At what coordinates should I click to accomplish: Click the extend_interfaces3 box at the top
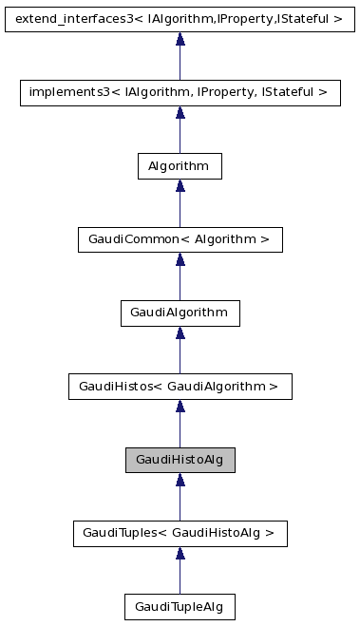click(x=180, y=18)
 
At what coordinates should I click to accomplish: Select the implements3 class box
click(x=180, y=92)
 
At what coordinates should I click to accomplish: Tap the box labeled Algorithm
click(x=180, y=165)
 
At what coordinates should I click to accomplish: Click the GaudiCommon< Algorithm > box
click(x=180, y=239)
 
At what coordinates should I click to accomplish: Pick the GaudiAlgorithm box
click(x=180, y=313)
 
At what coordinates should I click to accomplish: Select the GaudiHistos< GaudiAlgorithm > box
click(x=180, y=387)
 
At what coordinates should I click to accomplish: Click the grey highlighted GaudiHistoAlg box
click(x=180, y=460)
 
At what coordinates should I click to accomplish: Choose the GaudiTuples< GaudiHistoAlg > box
click(x=180, y=534)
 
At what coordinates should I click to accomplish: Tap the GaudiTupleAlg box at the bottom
click(x=180, y=607)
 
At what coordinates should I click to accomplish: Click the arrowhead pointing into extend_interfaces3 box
click(x=180, y=39)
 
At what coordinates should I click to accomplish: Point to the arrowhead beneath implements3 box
click(x=180, y=113)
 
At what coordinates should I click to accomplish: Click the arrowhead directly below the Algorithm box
click(x=180, y=186)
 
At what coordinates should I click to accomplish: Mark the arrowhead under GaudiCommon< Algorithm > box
click(x=180, y=260)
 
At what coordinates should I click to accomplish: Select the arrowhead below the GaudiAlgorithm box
click(x=180, y=333)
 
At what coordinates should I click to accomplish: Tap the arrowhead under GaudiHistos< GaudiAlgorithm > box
click(x=180, y=408)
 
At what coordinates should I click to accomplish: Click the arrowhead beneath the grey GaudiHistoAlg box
click(x=180, y=481)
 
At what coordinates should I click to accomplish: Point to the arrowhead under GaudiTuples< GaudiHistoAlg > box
click(x=180, y=555)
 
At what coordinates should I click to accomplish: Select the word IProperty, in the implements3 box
click(x=222, y=92)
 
